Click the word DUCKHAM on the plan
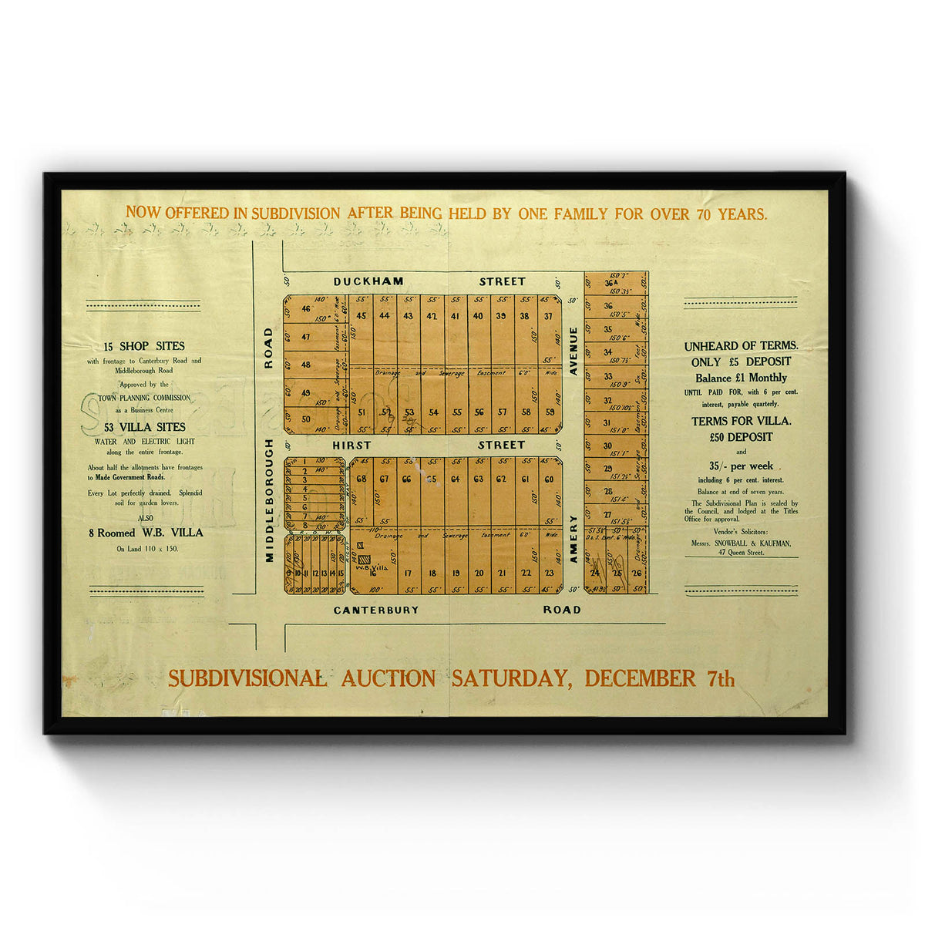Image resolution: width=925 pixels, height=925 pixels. tap(368, 281)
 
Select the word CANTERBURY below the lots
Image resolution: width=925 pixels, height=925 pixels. tap(376, 610)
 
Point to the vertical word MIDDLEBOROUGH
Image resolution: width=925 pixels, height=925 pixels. tap(269, 500)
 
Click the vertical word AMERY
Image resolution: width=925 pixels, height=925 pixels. tap(573, 539)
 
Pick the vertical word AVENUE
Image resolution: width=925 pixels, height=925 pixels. tap(573, 351)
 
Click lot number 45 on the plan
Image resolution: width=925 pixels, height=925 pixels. tap(362, 315)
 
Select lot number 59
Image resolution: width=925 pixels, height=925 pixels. tap(550, 412)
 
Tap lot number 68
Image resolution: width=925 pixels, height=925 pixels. tap(362, 479)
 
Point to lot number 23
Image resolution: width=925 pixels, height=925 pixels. tap(549, 573)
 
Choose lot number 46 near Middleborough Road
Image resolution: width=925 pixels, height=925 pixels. tap(306, 309)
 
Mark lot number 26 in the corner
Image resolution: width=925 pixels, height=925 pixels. tap(636, 573)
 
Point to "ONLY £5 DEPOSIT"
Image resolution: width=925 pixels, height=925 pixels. tap(741, 362)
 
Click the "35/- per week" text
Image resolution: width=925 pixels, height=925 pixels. tap(741, 466)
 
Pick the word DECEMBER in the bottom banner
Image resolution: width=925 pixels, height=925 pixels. tap(640, 678)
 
